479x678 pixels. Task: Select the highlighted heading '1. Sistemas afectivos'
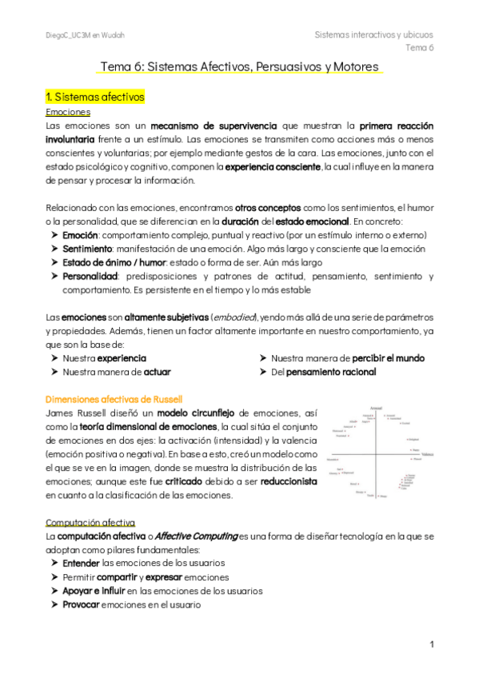[x=95, y=98]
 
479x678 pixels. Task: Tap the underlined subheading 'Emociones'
[x=68, y=112]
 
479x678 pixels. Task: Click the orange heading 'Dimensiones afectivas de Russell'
[x=114, y=398]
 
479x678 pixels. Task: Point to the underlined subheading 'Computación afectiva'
[x=91, y=521]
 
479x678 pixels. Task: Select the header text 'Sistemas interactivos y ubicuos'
[x=373, y=34]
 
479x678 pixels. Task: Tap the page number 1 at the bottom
[x=431, y=644]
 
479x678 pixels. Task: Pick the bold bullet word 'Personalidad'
[x=92, y=276]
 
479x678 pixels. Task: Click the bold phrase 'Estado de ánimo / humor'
[x=113, y=262]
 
